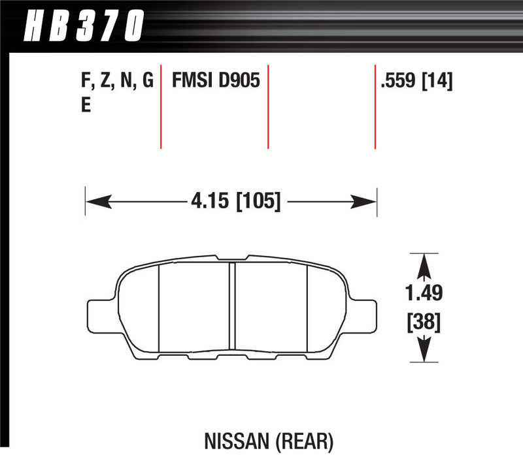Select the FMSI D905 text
[x=216, y=81]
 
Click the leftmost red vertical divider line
[x=161, y=107]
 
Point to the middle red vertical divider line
[x=269, y=107]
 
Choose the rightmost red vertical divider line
[x=375, y=107]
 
